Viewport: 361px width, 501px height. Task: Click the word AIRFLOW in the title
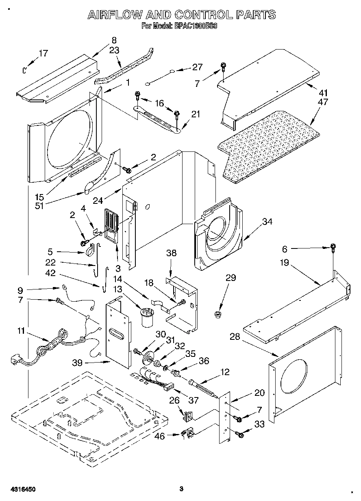[115, 15]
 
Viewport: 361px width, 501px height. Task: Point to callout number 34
[267, 222]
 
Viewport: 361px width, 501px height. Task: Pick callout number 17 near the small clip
[43, 53]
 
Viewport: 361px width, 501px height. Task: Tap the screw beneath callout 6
[333, 247]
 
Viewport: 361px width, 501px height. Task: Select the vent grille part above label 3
[111, 220]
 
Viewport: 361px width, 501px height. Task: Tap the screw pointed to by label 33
[239, 435]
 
